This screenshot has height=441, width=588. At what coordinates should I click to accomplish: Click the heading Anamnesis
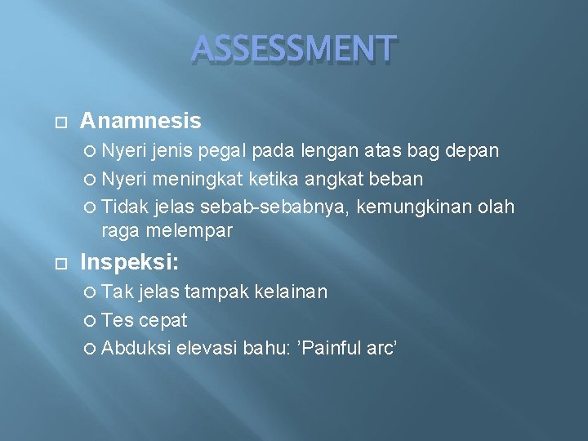(140, 122)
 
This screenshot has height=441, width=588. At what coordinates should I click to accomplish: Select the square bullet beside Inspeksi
(59, 263)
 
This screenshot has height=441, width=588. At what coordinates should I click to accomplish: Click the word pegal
(225, 152)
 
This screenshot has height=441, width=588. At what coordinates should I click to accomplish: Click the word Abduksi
(136, 348)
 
